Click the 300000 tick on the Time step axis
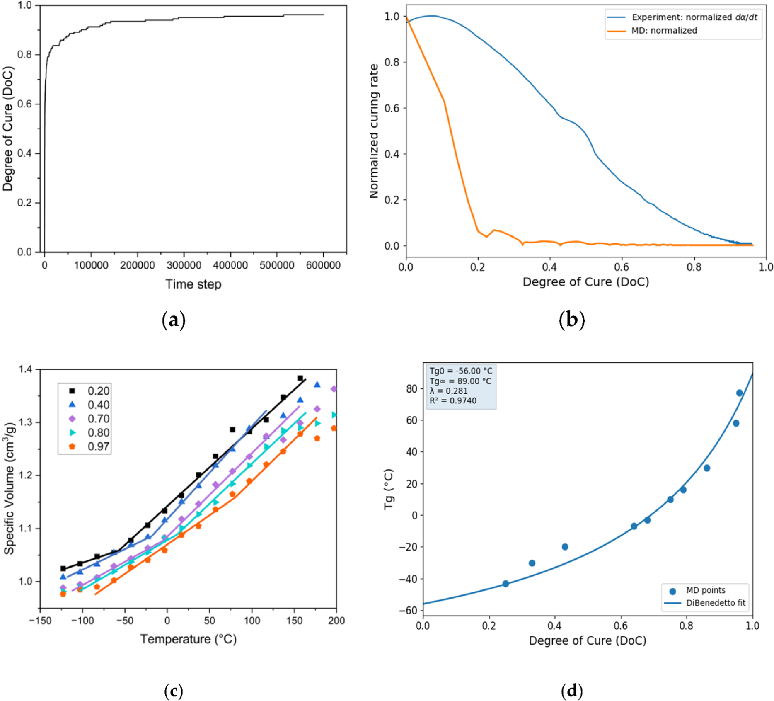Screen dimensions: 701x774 point(184,265)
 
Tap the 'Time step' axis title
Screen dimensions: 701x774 point(193,284)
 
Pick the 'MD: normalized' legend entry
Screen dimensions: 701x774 point(664,30)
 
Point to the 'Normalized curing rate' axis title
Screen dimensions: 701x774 point(374,131)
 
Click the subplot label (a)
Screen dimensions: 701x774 point(173,320)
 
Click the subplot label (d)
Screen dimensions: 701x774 point(571,691)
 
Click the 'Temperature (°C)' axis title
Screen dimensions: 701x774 point(188,639)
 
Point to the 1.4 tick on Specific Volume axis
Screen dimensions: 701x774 point(27,369)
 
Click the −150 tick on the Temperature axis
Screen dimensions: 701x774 point(40,621)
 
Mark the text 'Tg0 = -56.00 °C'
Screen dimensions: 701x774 point(461,371)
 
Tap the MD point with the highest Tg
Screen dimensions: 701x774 point(739,393)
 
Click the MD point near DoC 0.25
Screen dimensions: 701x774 point(506,584)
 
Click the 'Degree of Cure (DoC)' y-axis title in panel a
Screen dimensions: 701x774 point(8,129)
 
